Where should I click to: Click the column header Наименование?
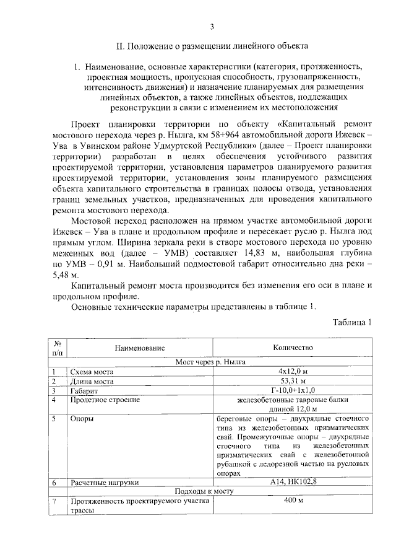(140, 348)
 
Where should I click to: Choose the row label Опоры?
(82, 419)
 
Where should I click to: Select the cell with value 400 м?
(293, 501)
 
